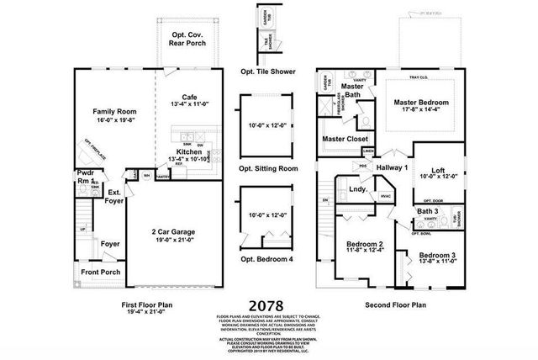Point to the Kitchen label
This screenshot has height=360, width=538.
tap(188, 151)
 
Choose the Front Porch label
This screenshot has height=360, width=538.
tap(99, 273)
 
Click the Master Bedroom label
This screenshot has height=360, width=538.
tap(423, 103)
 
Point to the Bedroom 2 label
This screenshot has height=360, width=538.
tap(366, 245)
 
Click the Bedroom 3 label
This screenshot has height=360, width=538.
tap(436, 255)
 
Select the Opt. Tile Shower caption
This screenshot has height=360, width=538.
tap(267, 71)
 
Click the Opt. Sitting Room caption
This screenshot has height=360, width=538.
tap(269, 168)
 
